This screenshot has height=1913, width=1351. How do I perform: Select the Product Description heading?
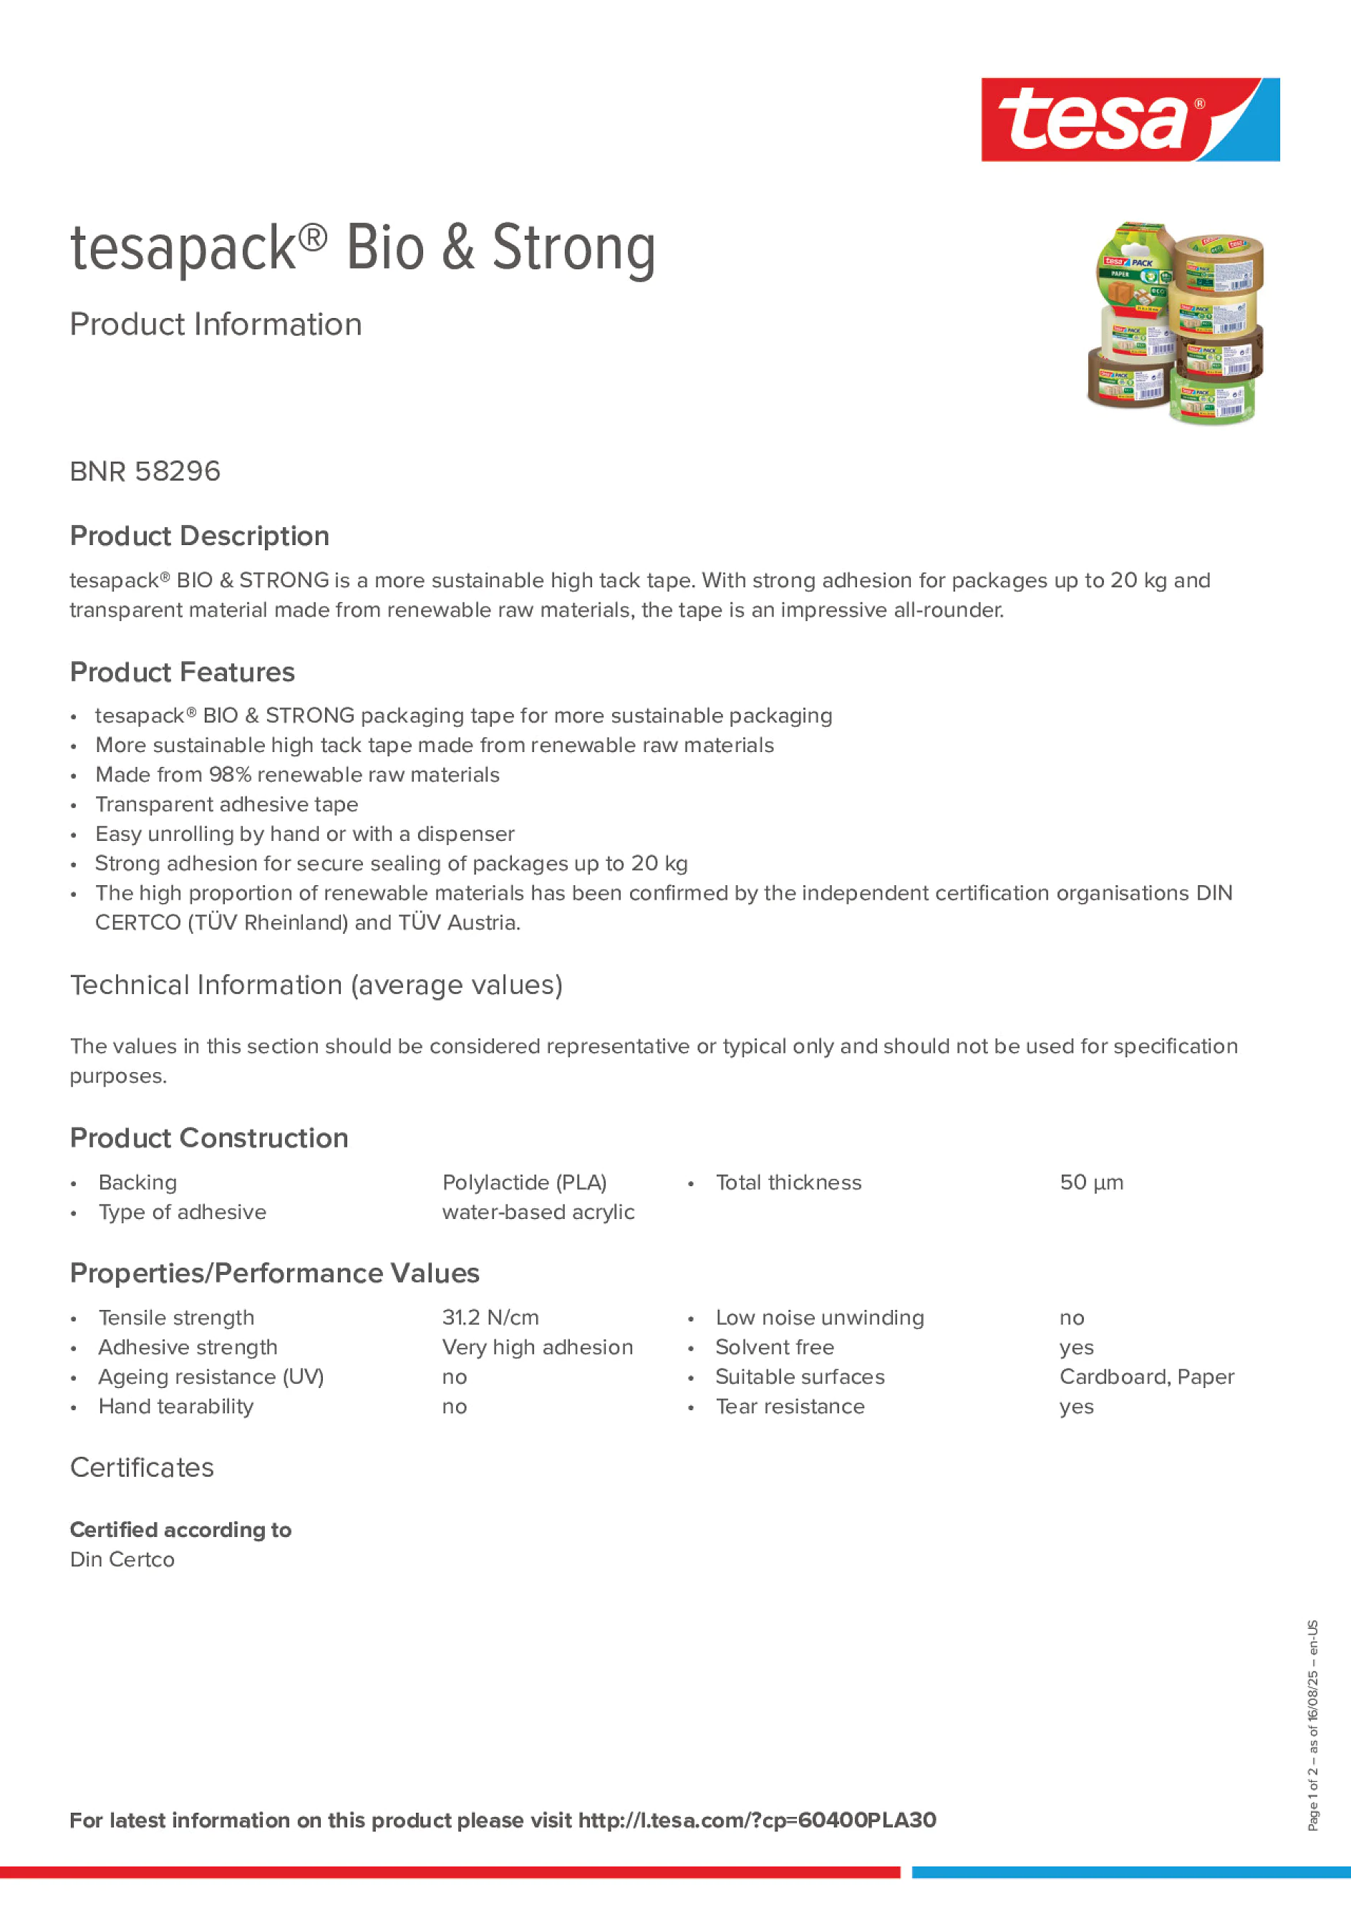pos(199,536)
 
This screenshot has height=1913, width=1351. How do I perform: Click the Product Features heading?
pos(183,672)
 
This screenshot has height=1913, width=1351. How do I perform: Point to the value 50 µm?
pos(1091,1182)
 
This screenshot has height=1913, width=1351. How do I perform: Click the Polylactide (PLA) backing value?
pos(524,1182)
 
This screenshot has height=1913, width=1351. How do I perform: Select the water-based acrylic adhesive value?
pos(538,1213)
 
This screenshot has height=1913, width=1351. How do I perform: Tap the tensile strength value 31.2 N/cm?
pos(490,1317)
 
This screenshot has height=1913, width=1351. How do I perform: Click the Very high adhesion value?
pos(537,1347)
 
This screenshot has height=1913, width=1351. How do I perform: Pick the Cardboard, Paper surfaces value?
pos(1146,1377)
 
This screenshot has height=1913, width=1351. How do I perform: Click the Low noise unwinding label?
pos(820,1317)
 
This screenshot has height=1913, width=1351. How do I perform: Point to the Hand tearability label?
pos(175,1407)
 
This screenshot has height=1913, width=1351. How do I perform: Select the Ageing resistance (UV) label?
pos(210,1377)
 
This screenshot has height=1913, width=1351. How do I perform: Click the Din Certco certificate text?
pos(122,1560)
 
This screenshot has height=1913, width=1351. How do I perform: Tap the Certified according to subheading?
pos(180,1530)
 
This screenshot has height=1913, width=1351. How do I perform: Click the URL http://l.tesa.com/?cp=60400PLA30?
pos(757,1820)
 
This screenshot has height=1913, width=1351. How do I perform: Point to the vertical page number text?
pos(1312,1725)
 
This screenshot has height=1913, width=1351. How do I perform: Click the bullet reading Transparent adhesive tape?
pos(226,804)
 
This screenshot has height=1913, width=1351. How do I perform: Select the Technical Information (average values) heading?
pos(316,985)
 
